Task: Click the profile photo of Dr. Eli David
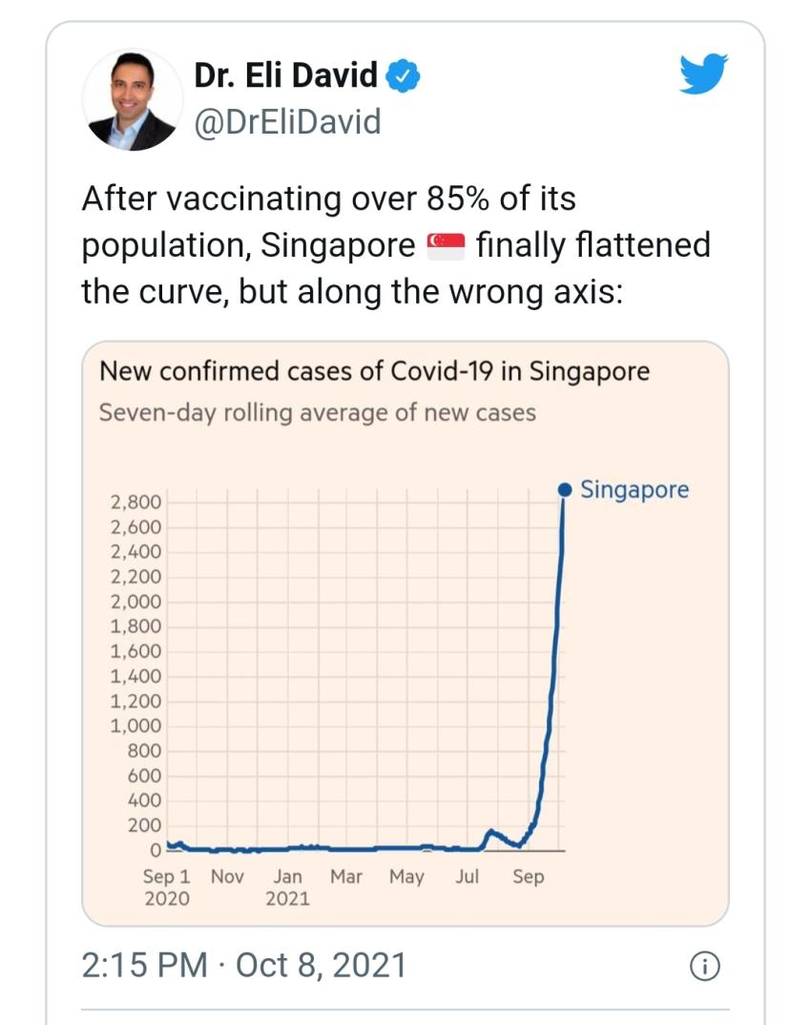tap(133, 99)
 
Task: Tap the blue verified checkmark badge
tap(403, 75)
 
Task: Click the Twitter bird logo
tap(703, 74)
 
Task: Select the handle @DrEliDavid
tap(287, 121)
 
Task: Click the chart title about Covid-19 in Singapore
tap(374, 370)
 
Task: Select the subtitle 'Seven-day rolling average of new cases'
tap(318, 412)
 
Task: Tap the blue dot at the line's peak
tap(564, 491)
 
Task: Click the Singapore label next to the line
tap(634, 491)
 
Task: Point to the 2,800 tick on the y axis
tap(137, 502)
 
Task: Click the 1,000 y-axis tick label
tap(137, 725)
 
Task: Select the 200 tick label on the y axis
tap(145, 826)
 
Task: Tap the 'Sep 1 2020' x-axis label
tap(166, 887)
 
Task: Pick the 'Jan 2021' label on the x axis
tap(287, 887)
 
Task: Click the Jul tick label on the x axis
tap(467, 876)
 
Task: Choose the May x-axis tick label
tap(406, 876)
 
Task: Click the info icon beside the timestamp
tap(702, 966)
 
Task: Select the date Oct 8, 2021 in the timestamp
tap(321, 965)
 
